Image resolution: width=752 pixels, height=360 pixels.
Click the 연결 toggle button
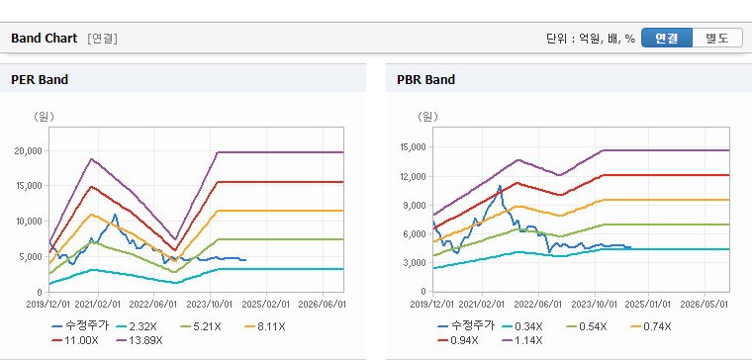coord(667,38)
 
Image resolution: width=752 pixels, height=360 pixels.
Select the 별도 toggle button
coord(717,38)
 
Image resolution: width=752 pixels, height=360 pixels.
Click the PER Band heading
coord(40,79)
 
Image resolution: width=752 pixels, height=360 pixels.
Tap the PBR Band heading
coord(425,79)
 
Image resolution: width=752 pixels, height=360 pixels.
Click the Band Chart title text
coord(45,39)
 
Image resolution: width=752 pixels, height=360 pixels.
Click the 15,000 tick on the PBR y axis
coord(413,147)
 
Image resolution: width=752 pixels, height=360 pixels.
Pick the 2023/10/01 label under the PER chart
coord(210,305)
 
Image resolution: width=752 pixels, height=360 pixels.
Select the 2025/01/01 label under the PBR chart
coord(649,305)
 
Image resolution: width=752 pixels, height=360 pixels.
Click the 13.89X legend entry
coord(140,341)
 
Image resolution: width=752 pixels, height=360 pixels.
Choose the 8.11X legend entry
coord(265,327)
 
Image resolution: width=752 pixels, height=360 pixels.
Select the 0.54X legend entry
coord(587,327)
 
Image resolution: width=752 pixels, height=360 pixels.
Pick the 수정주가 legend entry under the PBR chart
coord(466,326)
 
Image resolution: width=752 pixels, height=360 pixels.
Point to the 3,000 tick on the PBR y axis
coord(416,263)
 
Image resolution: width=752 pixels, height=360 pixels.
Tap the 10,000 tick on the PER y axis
coord(29,222)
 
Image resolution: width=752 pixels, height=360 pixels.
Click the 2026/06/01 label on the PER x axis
coord(322,305)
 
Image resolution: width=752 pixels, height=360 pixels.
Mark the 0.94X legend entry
coord(457,341)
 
